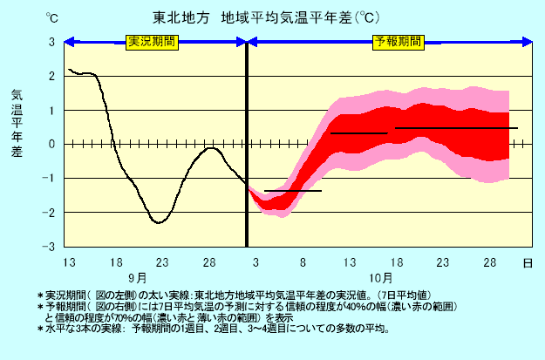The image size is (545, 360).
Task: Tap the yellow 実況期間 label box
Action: point(151,41)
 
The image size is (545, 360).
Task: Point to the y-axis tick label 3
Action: point(51,42)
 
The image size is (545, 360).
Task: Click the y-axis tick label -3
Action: point(50,247)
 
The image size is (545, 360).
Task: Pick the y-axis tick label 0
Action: point(51,144)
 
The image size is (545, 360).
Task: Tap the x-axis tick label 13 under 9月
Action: point(69,262)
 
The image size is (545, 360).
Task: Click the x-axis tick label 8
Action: point(303,262)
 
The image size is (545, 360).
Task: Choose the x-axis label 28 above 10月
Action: point(490,262)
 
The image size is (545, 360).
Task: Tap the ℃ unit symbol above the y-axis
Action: point(52,17)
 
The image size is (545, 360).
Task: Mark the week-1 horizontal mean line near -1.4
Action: point(293,190)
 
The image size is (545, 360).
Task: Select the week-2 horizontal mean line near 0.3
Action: point(358,133)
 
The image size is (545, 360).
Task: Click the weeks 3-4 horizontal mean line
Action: point(456,128)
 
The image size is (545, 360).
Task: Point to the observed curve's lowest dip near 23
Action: point(159,222)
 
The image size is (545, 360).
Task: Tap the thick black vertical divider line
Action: point(247,144)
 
